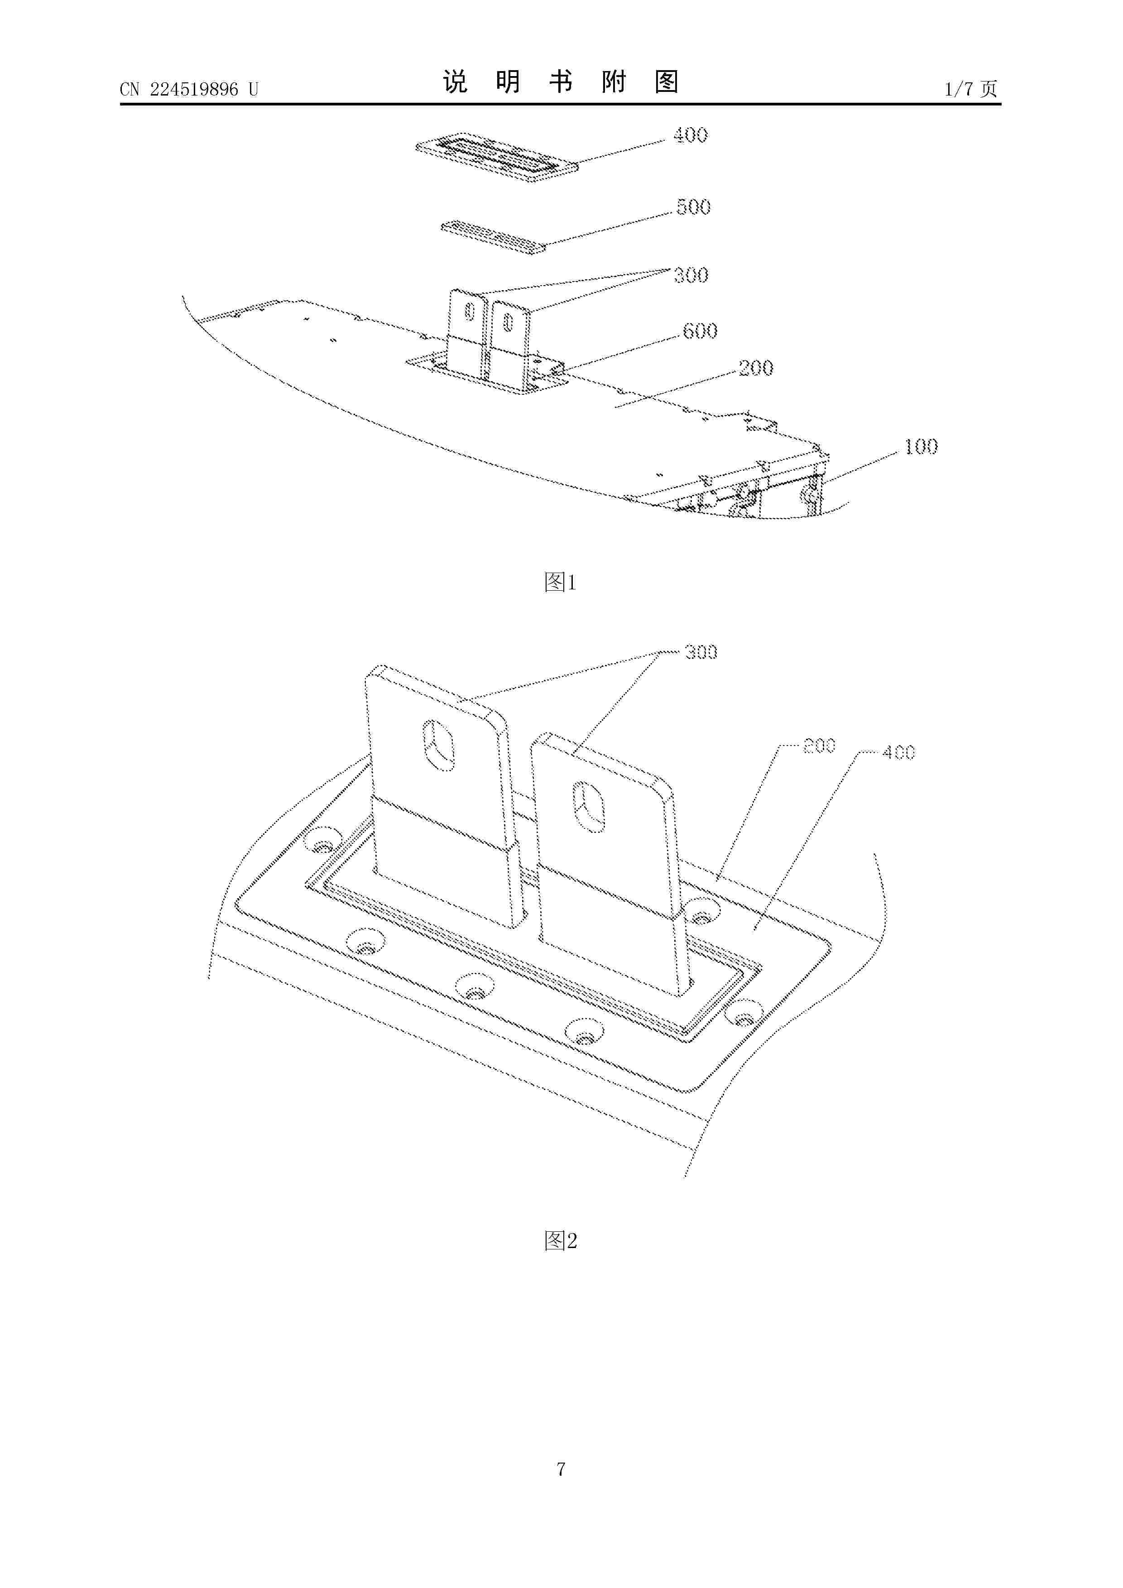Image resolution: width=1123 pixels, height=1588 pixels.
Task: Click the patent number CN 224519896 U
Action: coord(189,89)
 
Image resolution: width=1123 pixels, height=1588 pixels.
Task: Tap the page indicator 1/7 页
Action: coord(971,89)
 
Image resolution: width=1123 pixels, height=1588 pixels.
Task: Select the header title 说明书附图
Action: coord(561,81)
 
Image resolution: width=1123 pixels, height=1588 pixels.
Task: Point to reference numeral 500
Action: coord(693,207)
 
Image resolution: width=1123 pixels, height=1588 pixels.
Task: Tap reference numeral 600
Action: coord(700,331)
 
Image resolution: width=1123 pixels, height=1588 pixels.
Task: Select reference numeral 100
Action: coord(921,447)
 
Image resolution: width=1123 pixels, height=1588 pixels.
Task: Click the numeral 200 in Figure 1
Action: coord(756,368)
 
